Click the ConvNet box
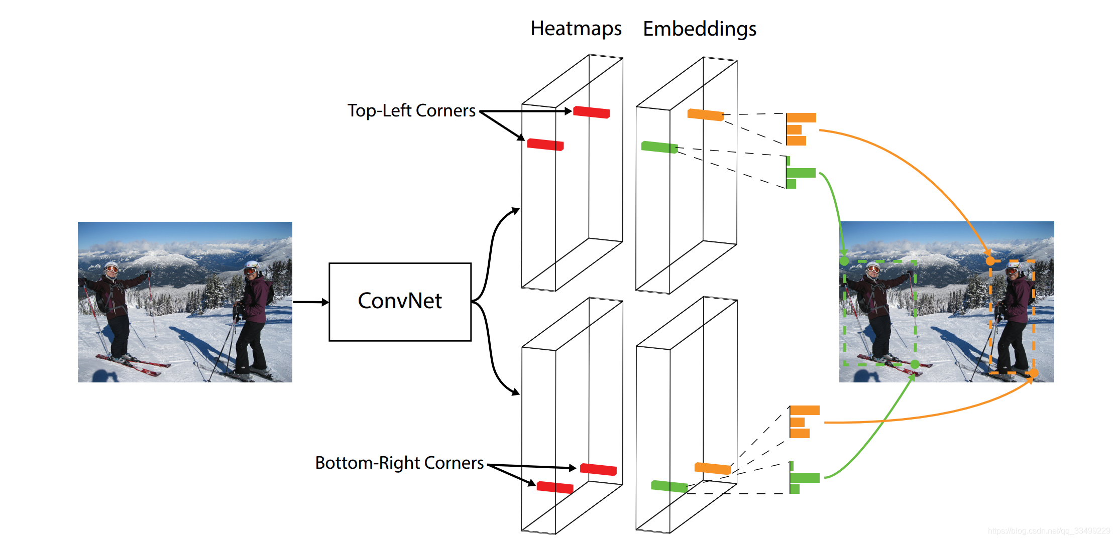(400, 302)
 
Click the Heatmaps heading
(576, 29)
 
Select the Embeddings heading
(699, 29)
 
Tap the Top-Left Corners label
(411, 110)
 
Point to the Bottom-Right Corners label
(399, 463)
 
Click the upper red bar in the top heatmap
(591, 112)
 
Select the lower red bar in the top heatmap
(545, 145)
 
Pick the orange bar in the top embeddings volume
(705, 115)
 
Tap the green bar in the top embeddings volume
(659, 147)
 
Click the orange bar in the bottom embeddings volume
(712, 468)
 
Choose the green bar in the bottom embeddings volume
(669, 486)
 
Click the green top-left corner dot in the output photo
(844, 261)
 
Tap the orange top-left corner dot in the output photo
(990, 261)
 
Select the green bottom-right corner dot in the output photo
(915, 364)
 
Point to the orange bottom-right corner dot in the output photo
(1034, 373)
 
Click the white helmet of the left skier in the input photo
(111, 265)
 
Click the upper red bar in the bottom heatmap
(598, 469)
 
